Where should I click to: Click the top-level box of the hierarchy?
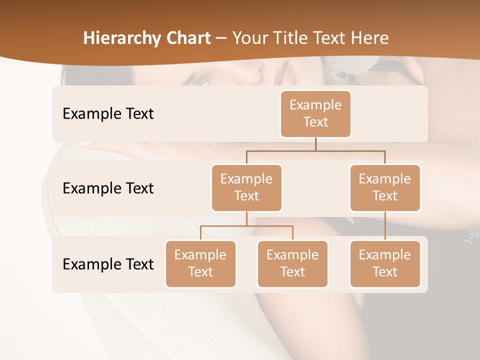(x=315, y=114)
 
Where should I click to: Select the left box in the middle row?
(x=246, y=187)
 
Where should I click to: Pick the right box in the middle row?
(x=385, y=187)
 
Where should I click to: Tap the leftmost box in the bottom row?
(x=200, y=263)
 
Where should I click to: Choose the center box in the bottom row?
(x=292, y=263)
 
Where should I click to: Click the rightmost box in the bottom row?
(x=385, y=263)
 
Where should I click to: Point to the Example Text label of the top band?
(x=108, y=114)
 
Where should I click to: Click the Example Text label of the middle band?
(x=108, y=188)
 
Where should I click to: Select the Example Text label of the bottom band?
(x=108, y=264)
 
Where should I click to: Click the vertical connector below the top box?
(x=315, y=144)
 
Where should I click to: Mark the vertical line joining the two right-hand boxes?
(x=385, y=226)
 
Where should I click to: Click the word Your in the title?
(x=248, y=38)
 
